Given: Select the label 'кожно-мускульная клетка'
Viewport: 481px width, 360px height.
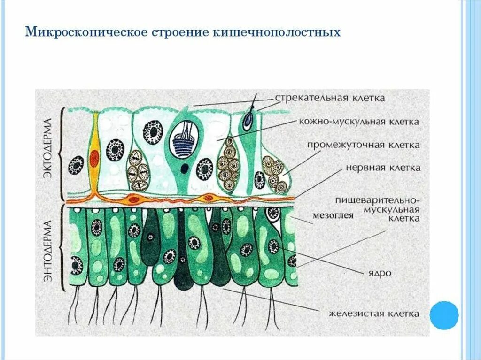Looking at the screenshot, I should pyautogui.click(x=359, y=122).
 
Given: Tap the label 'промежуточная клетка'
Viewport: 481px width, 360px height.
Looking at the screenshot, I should pyautogui.click(x=364, y=145).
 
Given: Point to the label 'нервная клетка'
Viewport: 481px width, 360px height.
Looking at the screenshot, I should pyautogui.click(x=383, y=168).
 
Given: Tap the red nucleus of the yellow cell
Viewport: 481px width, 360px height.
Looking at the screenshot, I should pyautogui.click(x=94, y=158).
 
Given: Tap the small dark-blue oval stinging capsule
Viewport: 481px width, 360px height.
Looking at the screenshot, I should pyautogui.click(x=247, y=122).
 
